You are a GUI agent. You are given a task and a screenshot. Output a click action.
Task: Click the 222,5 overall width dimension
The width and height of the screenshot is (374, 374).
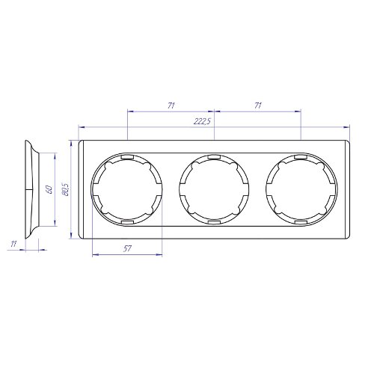point(202,121)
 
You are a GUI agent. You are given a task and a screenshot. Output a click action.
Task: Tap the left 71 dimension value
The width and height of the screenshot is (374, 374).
point(171,105)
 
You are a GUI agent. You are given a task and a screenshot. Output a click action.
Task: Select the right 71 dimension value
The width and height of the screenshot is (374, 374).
point(258,105)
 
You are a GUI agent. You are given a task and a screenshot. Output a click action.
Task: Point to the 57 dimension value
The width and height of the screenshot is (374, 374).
point(127,248)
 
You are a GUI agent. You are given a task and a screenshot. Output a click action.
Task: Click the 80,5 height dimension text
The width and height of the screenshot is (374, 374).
point(66,189)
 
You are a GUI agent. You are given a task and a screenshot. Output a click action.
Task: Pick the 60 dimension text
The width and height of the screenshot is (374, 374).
point(49,190)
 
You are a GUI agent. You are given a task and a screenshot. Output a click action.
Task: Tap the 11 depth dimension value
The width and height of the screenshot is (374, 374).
point(13,244)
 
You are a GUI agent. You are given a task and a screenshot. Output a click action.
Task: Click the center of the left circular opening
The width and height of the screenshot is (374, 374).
point(127,189)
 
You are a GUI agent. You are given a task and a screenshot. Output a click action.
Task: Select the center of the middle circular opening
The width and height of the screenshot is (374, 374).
point(215,189)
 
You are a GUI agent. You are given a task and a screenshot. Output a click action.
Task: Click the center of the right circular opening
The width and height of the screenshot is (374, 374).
point(301,189)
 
